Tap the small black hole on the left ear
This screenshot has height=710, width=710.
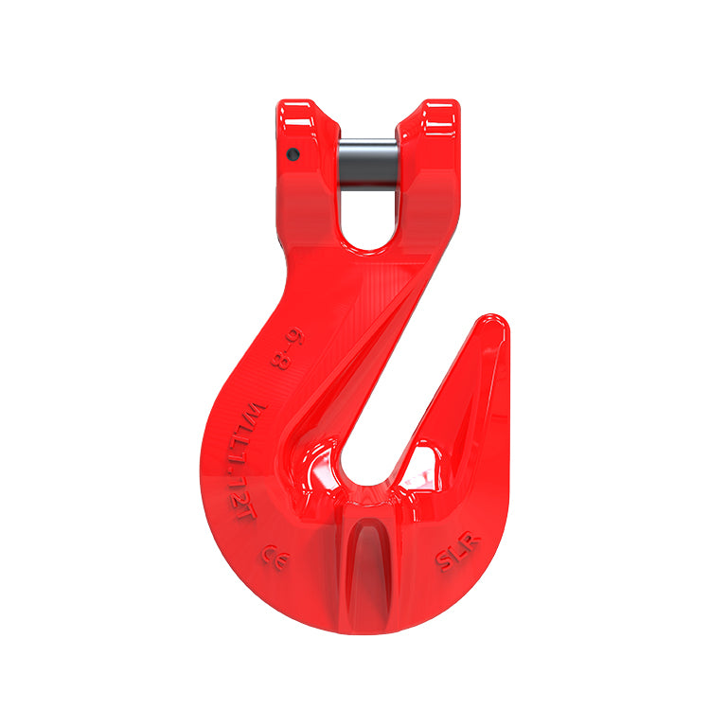click(x=293, y=155)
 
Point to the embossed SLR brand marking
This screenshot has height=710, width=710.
click(x=457, y=552)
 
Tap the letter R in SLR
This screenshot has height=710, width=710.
click(x=471, y=541)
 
